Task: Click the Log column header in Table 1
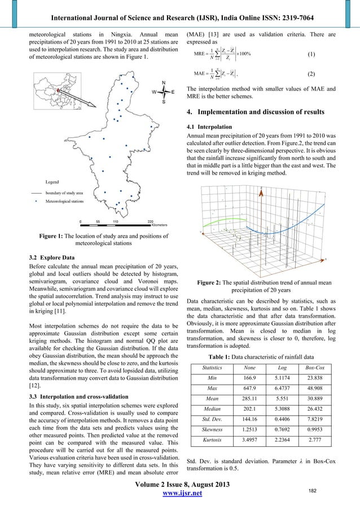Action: [285, 368]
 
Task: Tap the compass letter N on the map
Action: [164, 82]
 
